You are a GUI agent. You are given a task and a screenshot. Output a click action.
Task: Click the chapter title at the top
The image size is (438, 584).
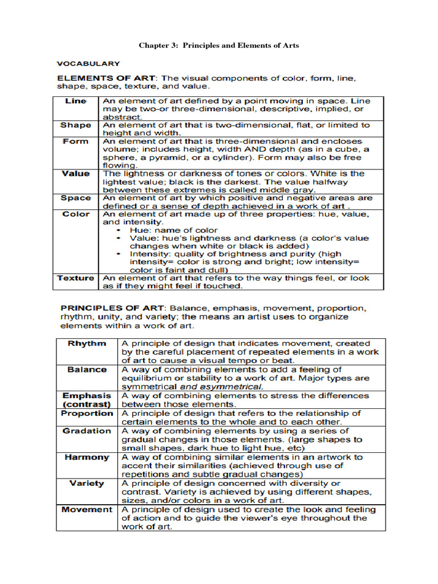[x=219, y=45]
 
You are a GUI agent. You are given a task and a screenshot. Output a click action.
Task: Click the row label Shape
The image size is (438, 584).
[x=76, y=125]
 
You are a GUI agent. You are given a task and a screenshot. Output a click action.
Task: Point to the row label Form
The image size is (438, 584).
[x=76, y=141]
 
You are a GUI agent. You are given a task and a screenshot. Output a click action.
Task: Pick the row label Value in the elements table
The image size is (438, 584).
[x=76, y=173]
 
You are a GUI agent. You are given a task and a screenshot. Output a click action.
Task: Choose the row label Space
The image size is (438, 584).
[x=76, y=198]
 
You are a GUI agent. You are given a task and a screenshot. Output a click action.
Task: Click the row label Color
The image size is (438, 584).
[x=76, y=214]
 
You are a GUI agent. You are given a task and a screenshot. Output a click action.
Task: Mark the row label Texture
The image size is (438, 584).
[x=76, y=278]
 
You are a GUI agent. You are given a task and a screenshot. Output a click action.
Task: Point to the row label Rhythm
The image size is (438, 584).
[x=87, y=344]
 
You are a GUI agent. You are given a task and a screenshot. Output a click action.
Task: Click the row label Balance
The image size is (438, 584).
[x=87, y=370]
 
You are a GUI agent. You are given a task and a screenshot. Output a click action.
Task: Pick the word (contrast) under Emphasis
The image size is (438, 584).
[x=87, y=404]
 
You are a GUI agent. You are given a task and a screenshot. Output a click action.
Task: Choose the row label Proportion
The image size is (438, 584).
[x=87, y=413]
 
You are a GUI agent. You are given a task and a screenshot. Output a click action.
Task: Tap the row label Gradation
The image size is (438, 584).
[x=87, y=431]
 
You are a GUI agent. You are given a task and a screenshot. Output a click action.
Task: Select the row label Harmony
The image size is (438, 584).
[x=87, y=457]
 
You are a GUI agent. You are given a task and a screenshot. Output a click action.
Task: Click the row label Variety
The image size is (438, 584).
[x=87, y=484]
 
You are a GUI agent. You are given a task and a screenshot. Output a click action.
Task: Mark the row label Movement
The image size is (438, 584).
[x=87, y=510]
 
